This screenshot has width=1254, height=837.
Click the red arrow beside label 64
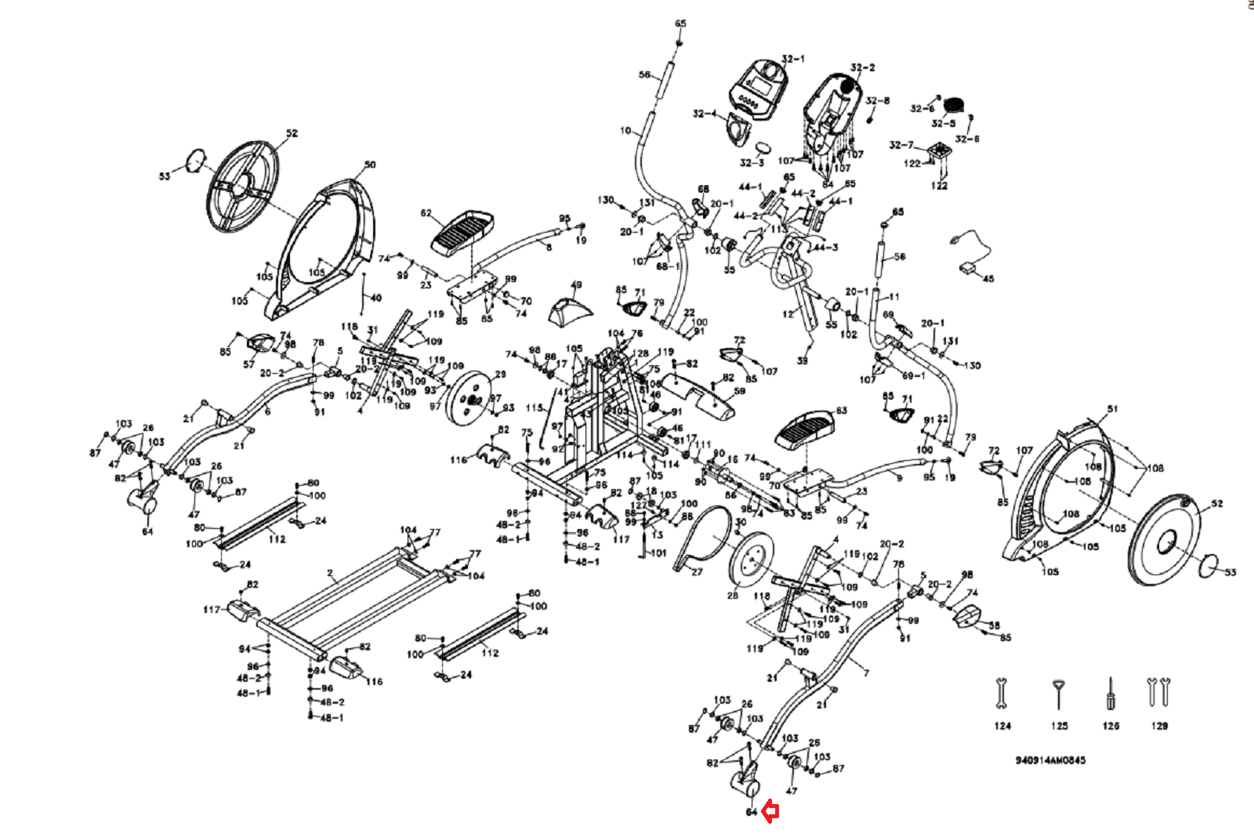770,813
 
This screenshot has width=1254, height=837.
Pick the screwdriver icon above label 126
1110,693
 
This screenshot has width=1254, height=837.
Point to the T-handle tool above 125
1059,694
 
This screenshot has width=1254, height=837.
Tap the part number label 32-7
901,145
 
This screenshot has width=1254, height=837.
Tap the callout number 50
370,165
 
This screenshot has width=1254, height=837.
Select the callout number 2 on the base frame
331,582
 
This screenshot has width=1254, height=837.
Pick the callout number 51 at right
1112,409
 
